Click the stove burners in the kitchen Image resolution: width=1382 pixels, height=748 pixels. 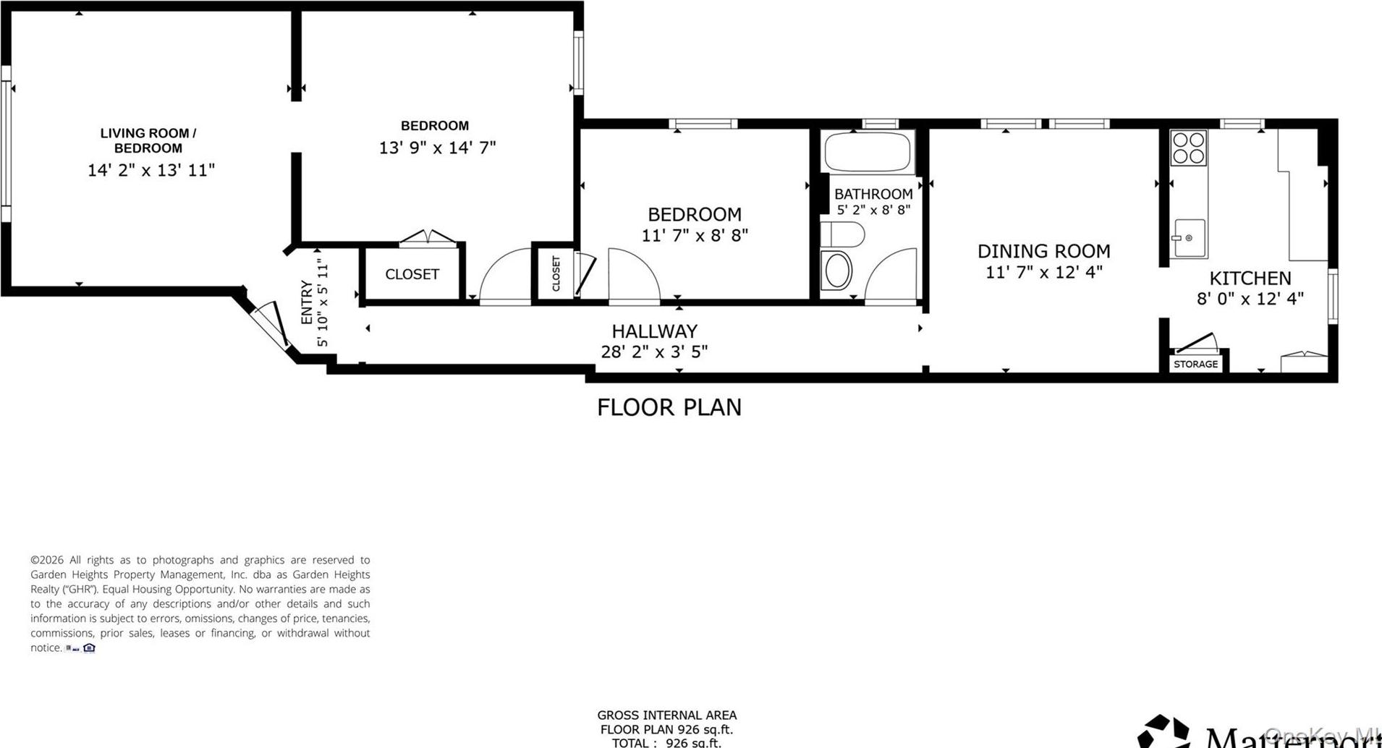1188,148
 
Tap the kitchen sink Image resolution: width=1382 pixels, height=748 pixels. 1188,238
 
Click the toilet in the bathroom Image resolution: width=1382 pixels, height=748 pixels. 844,234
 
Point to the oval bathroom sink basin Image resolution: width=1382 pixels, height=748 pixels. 837,271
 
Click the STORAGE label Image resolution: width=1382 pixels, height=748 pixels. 1195,364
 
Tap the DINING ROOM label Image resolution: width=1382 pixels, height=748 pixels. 1043,251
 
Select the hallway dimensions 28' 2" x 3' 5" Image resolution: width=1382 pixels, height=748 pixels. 654,352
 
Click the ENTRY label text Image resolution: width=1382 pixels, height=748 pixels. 307,302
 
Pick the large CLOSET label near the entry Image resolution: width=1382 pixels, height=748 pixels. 412,274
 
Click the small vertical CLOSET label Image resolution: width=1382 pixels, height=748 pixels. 556,273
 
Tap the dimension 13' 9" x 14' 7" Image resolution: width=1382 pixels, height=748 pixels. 437,148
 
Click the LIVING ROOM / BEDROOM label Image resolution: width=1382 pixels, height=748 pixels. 148,140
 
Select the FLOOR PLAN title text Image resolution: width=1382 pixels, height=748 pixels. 669,407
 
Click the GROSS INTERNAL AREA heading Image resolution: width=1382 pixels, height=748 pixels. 666,715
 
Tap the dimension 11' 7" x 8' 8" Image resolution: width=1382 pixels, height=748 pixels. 694,235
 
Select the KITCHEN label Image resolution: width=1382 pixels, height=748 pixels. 1250,278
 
